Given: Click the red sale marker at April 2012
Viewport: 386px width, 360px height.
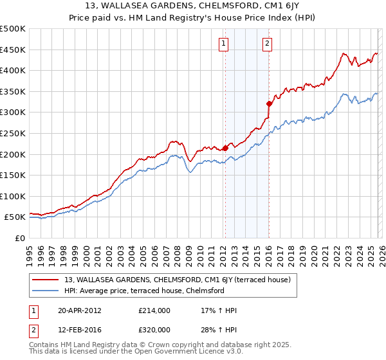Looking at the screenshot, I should tap(225, 148).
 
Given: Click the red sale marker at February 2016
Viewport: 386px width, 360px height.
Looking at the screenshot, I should tap(268, 104).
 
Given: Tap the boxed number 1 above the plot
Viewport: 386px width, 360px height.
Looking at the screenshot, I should tap(223, 44).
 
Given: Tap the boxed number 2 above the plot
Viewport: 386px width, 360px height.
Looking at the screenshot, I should tap(266, 44).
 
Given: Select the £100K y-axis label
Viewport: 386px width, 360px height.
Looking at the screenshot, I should tap(14, 196).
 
